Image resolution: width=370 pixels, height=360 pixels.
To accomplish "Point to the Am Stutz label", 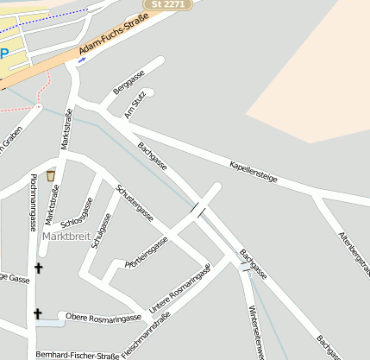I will click(135, 104).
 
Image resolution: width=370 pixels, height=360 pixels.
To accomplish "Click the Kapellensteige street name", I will click(254, 170).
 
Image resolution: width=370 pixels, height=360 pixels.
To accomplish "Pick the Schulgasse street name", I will click(102, 231).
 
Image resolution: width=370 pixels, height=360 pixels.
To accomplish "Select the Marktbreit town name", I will click(66, 236).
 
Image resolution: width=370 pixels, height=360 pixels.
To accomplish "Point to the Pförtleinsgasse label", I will click(146, 251).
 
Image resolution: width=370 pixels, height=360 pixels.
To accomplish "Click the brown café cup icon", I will click(51, 175).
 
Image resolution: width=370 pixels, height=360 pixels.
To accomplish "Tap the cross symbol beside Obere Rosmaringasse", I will click(37, 314).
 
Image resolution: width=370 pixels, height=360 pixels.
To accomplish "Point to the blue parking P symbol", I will click(3, 54).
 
